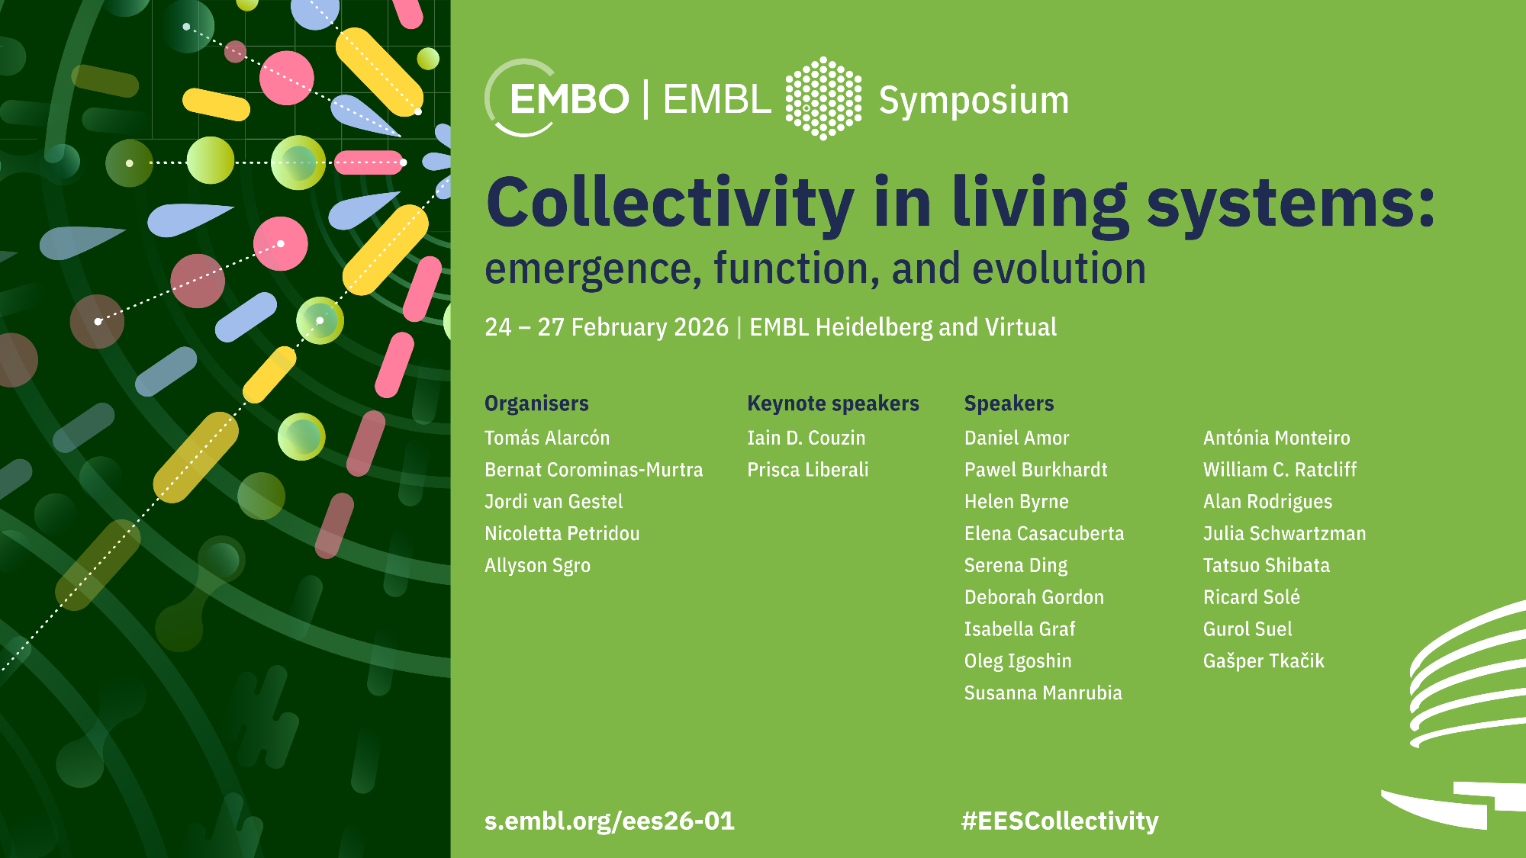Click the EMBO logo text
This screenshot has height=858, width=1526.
point(569,99)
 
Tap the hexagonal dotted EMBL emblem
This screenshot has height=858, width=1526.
point(824,98)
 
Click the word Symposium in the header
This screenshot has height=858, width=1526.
point(974,101)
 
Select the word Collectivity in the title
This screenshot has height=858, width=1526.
point(670,203)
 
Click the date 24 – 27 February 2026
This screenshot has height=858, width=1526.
point(607,327)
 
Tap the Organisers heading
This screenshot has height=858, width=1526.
point(536,403)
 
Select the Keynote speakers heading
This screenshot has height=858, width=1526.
point(833,403)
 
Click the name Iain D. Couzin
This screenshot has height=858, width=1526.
point(806,438)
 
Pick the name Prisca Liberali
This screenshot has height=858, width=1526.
point(808,470)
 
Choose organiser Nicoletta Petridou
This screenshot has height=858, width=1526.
point(562,534)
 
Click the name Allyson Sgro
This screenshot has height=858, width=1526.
point(537,566)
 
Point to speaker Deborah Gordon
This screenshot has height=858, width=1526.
point(1034,597)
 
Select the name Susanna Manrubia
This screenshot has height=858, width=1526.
point(1043,693)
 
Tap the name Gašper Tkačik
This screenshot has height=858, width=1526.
point(1264,661)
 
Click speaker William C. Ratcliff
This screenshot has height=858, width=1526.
point(1280,470)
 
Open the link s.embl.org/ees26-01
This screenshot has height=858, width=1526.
point(610,821)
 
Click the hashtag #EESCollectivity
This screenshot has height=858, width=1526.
point(1060,821)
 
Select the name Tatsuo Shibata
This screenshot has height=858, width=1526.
point(1267,566)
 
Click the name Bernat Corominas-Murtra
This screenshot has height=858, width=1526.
point(594,470)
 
